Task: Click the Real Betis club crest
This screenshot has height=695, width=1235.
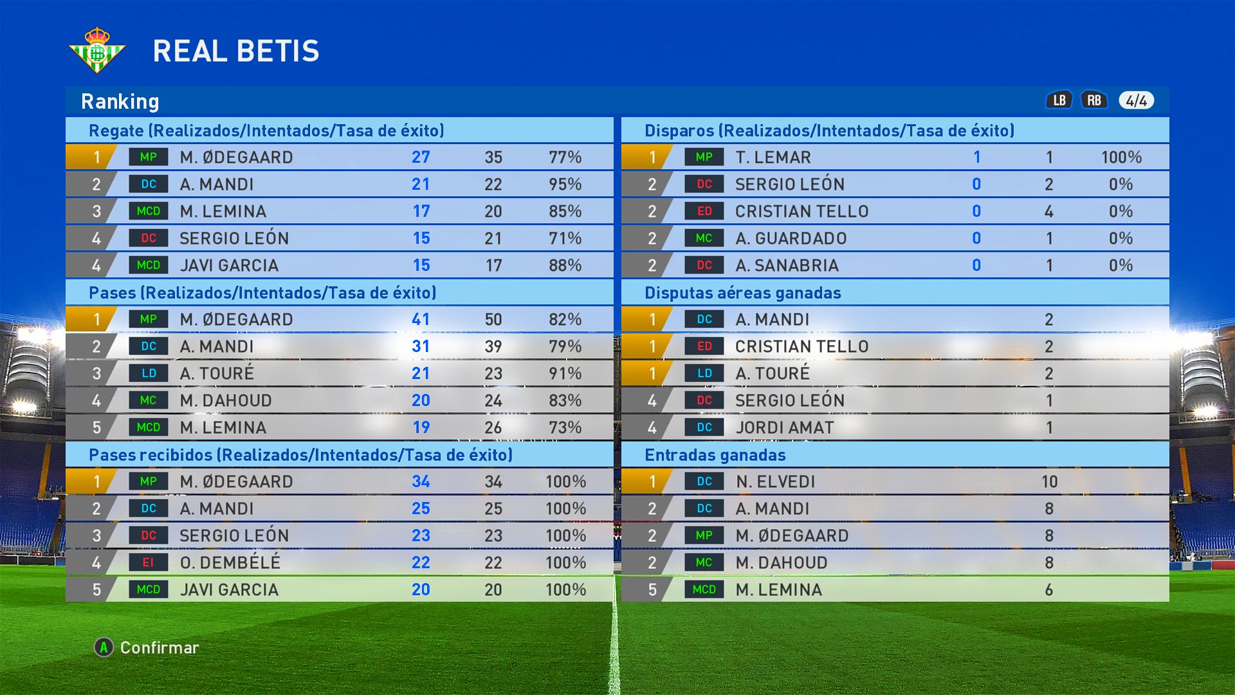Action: pos(97,50)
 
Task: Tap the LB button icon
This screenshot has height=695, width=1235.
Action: pos(1059,100)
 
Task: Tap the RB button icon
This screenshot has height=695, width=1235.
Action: pos(1094,100)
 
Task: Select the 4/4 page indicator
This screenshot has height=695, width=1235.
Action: pos(1136,100)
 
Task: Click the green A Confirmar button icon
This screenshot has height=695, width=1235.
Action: pos(104,647)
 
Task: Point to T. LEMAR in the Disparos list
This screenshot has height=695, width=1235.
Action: pos(773,157)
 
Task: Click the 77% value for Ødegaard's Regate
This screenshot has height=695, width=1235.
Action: pos(565,157)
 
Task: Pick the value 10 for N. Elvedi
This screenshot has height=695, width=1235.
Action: pos(1049,481)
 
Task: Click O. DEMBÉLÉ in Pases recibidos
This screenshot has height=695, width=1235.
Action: pos(230,562)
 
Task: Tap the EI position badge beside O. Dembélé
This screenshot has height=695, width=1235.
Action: pos(148,562)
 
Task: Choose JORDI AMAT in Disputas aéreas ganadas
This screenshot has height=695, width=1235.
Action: pos(784,427)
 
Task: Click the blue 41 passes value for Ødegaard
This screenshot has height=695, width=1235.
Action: pos(421,319)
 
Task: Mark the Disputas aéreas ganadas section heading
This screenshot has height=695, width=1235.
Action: pos(742,293)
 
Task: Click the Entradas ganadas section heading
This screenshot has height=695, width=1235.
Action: pos(715,455)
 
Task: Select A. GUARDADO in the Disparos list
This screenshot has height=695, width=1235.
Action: pos(791,238)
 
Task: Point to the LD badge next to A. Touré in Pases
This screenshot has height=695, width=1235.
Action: pos(148,373)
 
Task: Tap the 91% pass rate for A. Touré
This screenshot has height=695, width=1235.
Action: pos(565,373)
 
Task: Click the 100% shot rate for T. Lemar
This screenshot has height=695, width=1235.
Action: pos(1121,157)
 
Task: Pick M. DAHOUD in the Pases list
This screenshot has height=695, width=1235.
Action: pos(226,400)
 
